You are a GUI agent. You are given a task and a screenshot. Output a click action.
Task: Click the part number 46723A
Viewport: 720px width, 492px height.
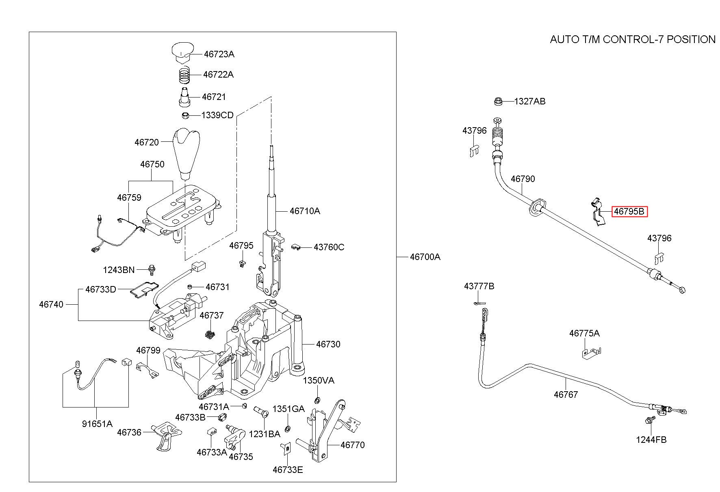click(x=219, y=54)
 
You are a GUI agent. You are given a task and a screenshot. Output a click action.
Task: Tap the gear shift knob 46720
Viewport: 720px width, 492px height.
click(x=187, y=152)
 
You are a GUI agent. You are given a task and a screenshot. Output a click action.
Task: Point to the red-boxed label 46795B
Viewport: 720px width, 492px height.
click(x=629, y=212)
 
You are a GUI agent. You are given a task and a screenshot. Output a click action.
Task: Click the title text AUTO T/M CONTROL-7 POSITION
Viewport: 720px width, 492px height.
click(x=633, y=39)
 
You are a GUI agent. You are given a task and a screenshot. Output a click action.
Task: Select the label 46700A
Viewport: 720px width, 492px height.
click(x=425, y=257)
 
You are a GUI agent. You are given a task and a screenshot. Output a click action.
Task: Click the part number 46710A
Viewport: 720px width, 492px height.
click(x=305, y=211)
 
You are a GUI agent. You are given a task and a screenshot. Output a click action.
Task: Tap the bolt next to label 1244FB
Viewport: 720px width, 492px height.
click(x=649, y=420)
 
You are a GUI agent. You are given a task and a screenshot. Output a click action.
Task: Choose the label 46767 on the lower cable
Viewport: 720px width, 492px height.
click(x=566, y=394)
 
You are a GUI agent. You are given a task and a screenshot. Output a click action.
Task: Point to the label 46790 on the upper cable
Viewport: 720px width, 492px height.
click(x=523, y=179)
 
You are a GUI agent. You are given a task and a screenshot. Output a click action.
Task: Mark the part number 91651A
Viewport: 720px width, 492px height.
click(x=97, y=424)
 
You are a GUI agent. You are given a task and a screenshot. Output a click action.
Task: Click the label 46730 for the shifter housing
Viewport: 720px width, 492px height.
click(x=328, y=344)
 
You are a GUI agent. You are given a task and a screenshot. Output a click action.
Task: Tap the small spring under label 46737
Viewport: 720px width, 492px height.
click(x=209, y=335)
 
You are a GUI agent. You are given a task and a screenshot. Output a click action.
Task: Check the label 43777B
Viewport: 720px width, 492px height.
click(x=479, y=286)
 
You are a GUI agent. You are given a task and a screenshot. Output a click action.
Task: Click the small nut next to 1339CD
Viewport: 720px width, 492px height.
click(x=185, y=115)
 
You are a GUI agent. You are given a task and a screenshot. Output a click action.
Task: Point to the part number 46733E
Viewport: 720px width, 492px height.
click(x=288, y=470)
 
